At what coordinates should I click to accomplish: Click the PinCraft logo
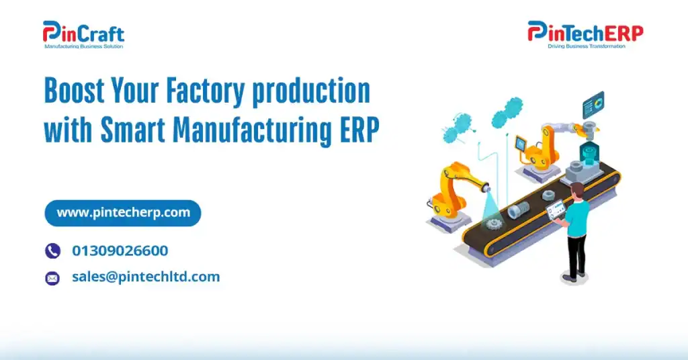pyautogui.click(x=83, y=33)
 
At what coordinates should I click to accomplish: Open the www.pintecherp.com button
pyautogui.click(x=123, y=213)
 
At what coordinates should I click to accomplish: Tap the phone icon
pyautogui.click(x=52, y=251)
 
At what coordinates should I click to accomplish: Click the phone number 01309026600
pyautogui.click(x=120, y=251)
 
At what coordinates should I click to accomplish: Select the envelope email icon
pyautogui.click(x=52, y=277)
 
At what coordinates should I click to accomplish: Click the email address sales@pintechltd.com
pyautogui.click(x=146, y=277)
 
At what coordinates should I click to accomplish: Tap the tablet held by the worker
pyautogui.click(x=555, y=214)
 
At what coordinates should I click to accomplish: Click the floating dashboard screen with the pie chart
pyautogui.click(x=593, y=105)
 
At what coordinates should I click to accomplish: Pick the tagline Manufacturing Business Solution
pyautogui.click(x=83, y=46)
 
